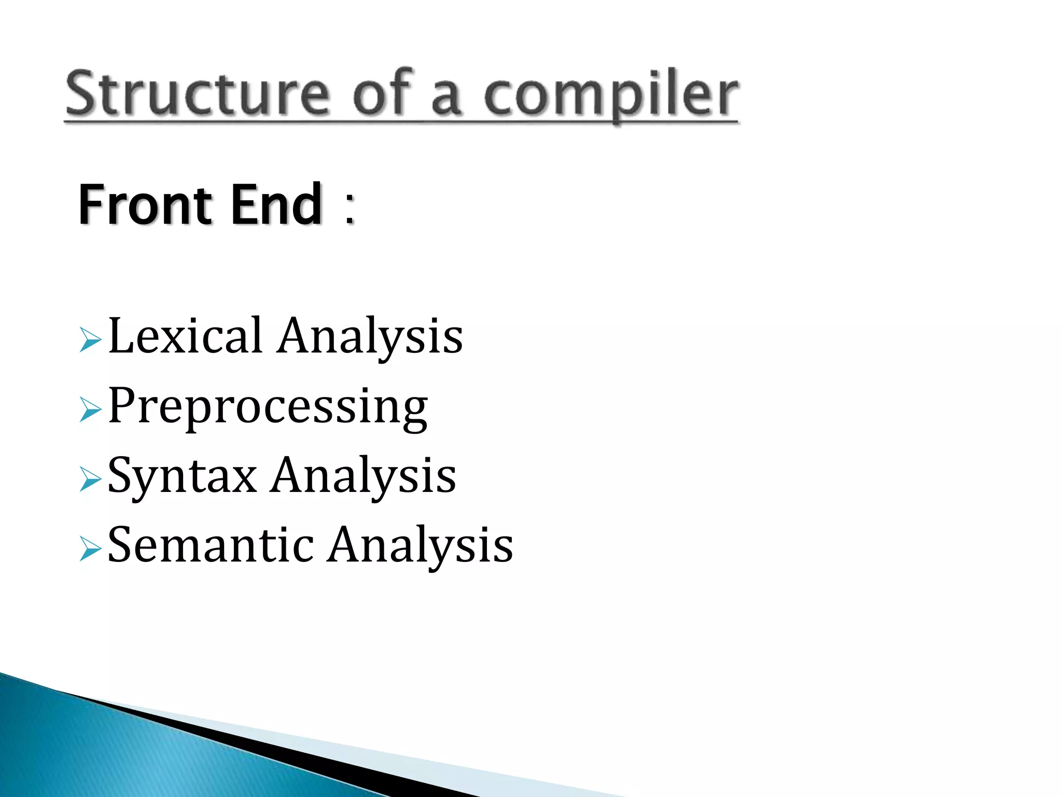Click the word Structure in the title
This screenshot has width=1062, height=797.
pyautogui.click(x=197, y=93)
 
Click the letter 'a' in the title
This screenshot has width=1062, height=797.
pyautogui.click(x=446, y=99)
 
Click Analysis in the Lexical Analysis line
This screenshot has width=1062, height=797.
pyautogui.click(x=369, y=337)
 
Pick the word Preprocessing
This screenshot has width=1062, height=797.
pyautogui.click(x=268, y=407)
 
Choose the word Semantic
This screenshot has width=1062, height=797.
pyautogui.click(x=211, y=545)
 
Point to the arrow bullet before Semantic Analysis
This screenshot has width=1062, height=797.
pyautogui.click(x=91, y=548)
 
